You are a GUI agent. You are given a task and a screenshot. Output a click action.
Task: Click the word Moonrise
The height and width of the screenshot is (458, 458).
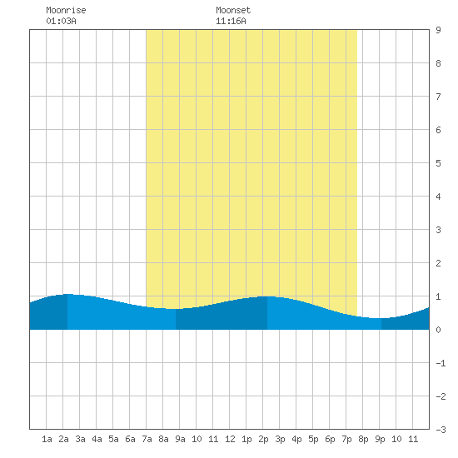tap(66, 10)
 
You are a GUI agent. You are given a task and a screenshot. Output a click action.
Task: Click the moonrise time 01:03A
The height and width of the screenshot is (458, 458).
tap(61, 21)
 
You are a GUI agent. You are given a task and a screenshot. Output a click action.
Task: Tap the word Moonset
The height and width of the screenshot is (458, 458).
tap(233, 10)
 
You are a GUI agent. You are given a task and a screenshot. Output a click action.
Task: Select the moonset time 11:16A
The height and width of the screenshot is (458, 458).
tap(231, 21)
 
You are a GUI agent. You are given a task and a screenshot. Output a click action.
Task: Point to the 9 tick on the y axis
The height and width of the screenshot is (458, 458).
tap(438, 30)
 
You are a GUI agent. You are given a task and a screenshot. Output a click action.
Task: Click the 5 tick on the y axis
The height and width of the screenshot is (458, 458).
tap(438, 163)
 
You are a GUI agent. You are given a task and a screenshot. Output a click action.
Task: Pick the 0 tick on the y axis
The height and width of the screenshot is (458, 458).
tap(438, 330)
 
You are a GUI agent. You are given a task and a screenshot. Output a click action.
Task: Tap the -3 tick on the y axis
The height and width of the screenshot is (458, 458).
tap(441, 430)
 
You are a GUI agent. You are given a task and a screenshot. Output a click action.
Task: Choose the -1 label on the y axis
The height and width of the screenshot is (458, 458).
tap(441, 363)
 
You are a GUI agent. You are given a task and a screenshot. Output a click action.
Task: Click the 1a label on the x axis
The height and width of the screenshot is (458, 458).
tap(47, 439)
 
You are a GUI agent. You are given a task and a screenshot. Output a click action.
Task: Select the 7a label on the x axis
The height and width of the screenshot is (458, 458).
tap(147, 439)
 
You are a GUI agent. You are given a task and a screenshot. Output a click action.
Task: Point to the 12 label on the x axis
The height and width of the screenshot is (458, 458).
tap(230, 439)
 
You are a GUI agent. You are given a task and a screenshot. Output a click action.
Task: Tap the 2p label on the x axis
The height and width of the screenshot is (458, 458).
tap(263, 439)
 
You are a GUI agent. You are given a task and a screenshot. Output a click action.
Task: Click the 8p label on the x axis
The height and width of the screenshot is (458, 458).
tap(363, 439)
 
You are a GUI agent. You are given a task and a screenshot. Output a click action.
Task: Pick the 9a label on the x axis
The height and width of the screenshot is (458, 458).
tap(180, 439)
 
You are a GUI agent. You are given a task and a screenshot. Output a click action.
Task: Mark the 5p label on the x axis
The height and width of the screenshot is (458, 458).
tap(313, 439)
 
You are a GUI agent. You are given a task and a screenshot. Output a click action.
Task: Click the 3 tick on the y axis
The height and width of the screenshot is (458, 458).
tap(438, 230)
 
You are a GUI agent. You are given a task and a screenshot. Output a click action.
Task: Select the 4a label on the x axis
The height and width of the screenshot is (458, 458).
tap(97, 439)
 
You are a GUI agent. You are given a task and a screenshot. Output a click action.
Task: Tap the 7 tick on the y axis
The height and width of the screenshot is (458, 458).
tap(438, 97)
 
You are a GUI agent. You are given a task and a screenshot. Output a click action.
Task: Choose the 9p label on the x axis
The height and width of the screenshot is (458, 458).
tap(380, 439)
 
